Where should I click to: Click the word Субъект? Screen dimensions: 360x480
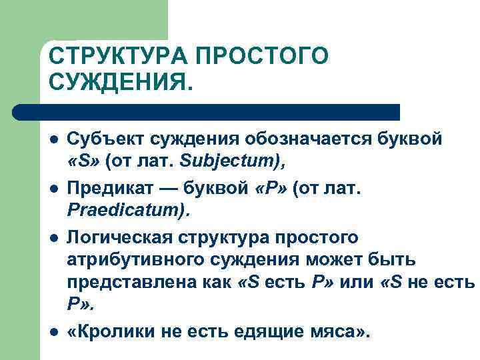(106, 140)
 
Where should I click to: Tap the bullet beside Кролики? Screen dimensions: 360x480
(53, 331)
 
